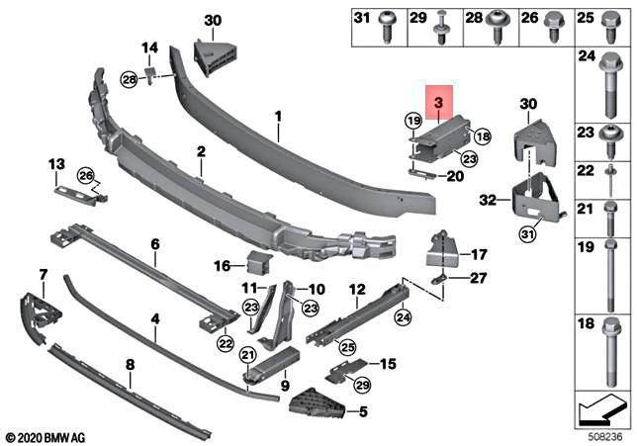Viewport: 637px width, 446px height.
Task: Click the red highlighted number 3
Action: click(x=437, y=101)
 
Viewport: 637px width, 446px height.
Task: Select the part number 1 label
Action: click(x=279, y=116)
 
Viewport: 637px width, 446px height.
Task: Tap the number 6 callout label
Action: click(x=154, y=243)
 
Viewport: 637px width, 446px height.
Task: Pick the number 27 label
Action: click(x=480, y=280)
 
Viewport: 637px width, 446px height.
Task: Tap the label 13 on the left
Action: click(x=56, y=163)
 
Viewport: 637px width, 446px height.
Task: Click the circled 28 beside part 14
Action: click(x=130, y=78)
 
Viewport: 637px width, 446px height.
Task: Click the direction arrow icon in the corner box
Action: click(x=601, y=406)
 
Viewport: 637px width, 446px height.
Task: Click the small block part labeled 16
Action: click(x=260, y=265)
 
